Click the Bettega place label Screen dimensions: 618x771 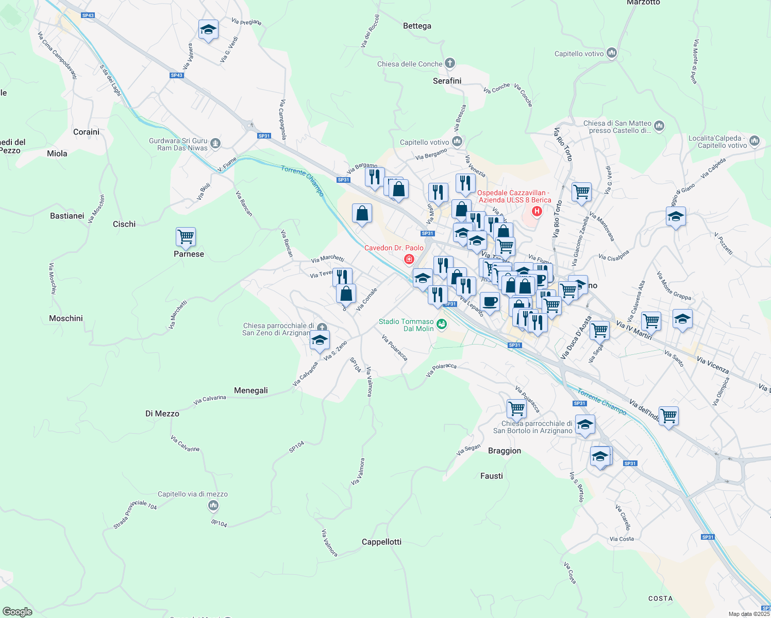[417, 26]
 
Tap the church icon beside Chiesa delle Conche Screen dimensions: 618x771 [450, 63]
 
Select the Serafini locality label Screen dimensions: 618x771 [447, 81]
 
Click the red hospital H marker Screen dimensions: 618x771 [537, 211]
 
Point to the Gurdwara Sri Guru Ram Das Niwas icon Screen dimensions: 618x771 [215, 144]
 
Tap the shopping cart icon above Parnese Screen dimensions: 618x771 [186, 237]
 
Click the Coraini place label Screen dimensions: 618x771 [86, 132]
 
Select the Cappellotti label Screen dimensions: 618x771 [381, 542]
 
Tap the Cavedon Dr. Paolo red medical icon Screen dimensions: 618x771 [409, 259]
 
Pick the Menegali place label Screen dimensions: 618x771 [251, 391]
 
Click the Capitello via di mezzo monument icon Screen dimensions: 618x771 [213, 506]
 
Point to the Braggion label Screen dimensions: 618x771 [505, 451]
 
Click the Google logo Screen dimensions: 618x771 [18, 612]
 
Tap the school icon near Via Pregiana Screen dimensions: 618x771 [208, 30]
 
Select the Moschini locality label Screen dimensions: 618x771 [66, 319]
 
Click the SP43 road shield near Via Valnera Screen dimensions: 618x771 [177, 75]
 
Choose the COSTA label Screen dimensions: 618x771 [660, 598]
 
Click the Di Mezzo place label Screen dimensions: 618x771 [162, 414]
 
